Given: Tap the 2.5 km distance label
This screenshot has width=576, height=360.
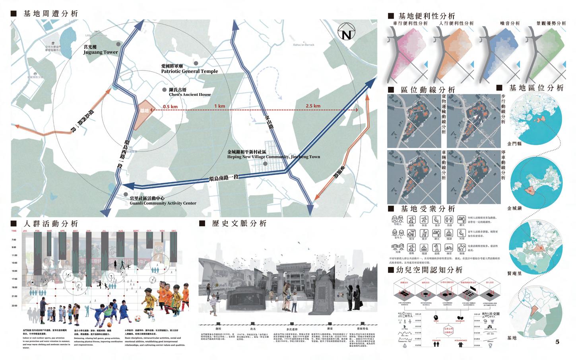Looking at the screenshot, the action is [x=313, y=106].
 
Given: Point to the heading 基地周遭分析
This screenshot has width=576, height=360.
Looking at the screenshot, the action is [x=50, y=14].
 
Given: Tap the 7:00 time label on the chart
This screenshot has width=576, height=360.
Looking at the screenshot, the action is [x=14, y=239].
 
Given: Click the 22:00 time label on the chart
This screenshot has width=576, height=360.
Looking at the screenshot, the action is [x=14, y=306].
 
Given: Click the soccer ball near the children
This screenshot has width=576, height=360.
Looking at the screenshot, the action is [x=138, y=318].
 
